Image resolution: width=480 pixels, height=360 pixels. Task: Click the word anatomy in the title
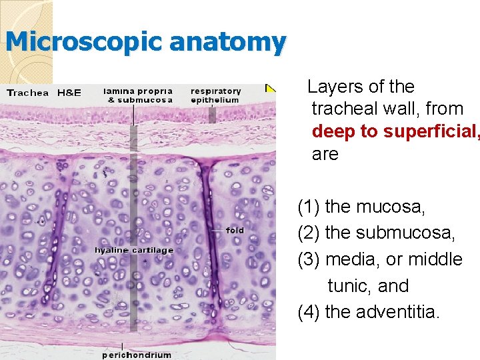coord(228,43)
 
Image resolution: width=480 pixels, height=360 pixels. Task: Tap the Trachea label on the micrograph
coord(27,93)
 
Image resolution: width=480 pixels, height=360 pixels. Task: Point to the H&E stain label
coord(69,93)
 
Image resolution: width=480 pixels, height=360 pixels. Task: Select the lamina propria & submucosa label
coord(138,95)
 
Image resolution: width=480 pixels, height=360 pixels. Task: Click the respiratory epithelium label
coord(215,95)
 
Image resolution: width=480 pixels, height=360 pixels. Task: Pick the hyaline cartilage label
coord(134,250)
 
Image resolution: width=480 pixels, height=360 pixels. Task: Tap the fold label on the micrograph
coord(235,231)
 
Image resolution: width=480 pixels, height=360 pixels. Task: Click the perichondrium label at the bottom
coord(136,355)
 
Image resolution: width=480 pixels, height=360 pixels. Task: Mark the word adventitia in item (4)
coord(398,311)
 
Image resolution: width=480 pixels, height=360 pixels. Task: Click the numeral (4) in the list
coord(308,311)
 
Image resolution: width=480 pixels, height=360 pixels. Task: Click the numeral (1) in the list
coord(308,207)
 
